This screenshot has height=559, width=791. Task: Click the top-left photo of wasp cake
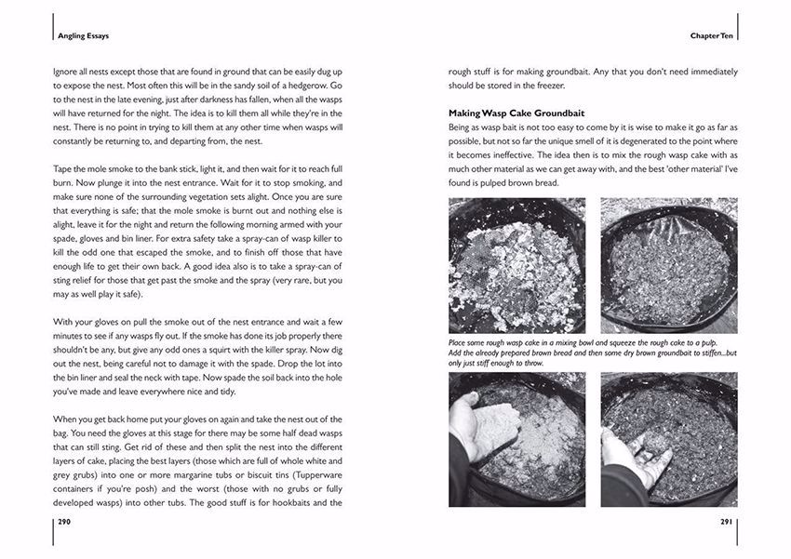pos(516,265)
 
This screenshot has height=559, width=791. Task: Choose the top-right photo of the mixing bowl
pos(668,265)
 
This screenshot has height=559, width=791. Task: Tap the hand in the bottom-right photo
pos(625,456)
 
